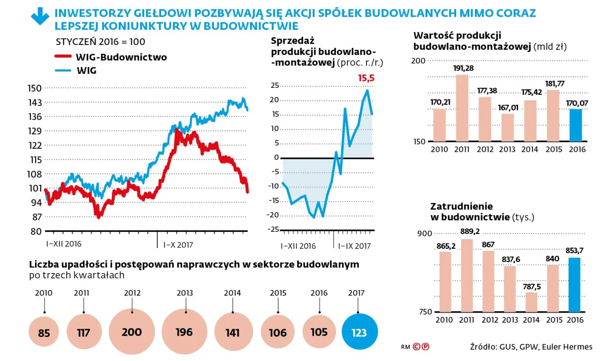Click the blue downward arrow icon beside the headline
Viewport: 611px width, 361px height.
40,17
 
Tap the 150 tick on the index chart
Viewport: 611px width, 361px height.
35,88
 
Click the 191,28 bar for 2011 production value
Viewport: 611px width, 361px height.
462,108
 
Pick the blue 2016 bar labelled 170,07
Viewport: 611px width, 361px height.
576,125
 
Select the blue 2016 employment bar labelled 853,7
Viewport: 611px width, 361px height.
574,285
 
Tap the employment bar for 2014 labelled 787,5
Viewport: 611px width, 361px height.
531,302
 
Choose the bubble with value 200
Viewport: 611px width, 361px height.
132,332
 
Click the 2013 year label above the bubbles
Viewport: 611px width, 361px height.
185,293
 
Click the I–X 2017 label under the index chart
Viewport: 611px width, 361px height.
178,244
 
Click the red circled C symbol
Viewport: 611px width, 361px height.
416,347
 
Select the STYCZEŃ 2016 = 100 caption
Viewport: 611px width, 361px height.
101,42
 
